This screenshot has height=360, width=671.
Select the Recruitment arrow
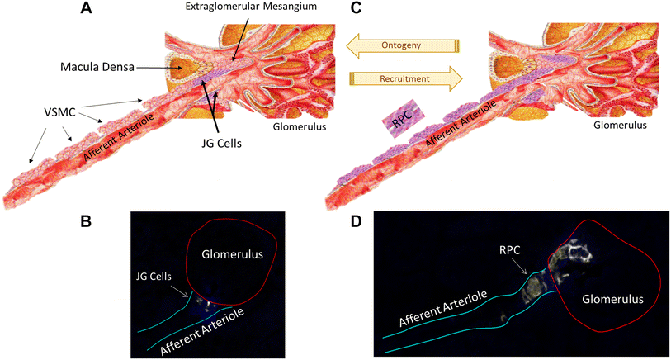(x=404, y=78)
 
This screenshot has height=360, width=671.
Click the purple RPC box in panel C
(x=401, y=121)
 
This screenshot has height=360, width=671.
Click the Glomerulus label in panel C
(x=620, y=128)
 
